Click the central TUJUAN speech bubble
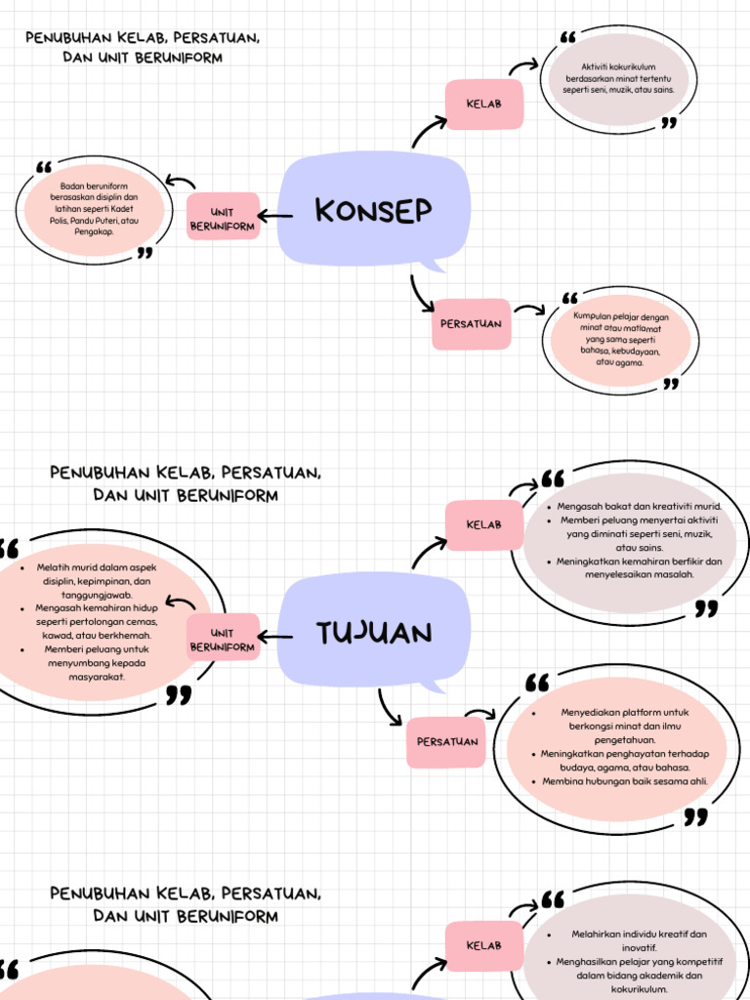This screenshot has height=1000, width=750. coord(374,633)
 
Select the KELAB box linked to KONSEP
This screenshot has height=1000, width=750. coord(484,104)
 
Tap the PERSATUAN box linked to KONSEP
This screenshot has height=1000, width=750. coord(471,323)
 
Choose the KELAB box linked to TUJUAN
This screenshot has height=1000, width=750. coord(484,524)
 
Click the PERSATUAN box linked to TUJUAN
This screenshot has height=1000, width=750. coord(447,741)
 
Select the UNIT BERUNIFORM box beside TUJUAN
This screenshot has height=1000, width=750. coord(223,639)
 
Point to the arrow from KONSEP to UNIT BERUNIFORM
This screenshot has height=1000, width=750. coord(274,216)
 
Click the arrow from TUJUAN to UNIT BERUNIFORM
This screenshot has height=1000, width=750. coord(274,638)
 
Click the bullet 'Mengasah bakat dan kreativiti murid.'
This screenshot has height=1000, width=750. coord(639,507)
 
